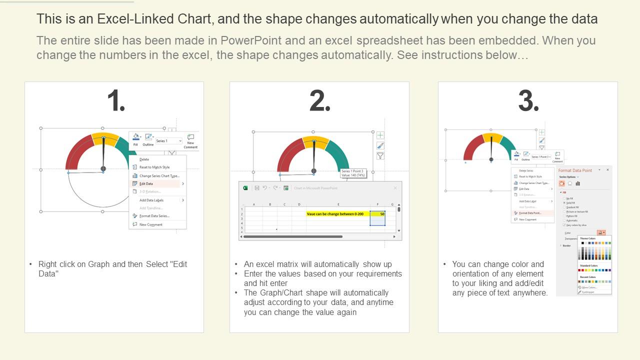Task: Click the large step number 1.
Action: pos(116,101)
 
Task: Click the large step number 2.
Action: pos(320,101)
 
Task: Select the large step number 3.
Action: pos(528,101)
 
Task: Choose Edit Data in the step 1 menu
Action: pos(146,183)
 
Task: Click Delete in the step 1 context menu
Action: pos(144,159)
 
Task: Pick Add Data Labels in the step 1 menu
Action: pos(151,200)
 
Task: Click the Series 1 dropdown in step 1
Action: pos(168,141)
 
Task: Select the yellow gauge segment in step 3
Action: pos(492,137)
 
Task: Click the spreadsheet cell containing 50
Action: pos(378,214)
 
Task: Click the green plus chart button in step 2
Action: pos(380,135)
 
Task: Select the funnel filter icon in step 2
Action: pos(380,156)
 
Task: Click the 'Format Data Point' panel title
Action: pos(575,170)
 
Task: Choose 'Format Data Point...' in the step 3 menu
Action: pos(529,213)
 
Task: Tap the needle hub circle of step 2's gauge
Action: pos(314,171)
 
